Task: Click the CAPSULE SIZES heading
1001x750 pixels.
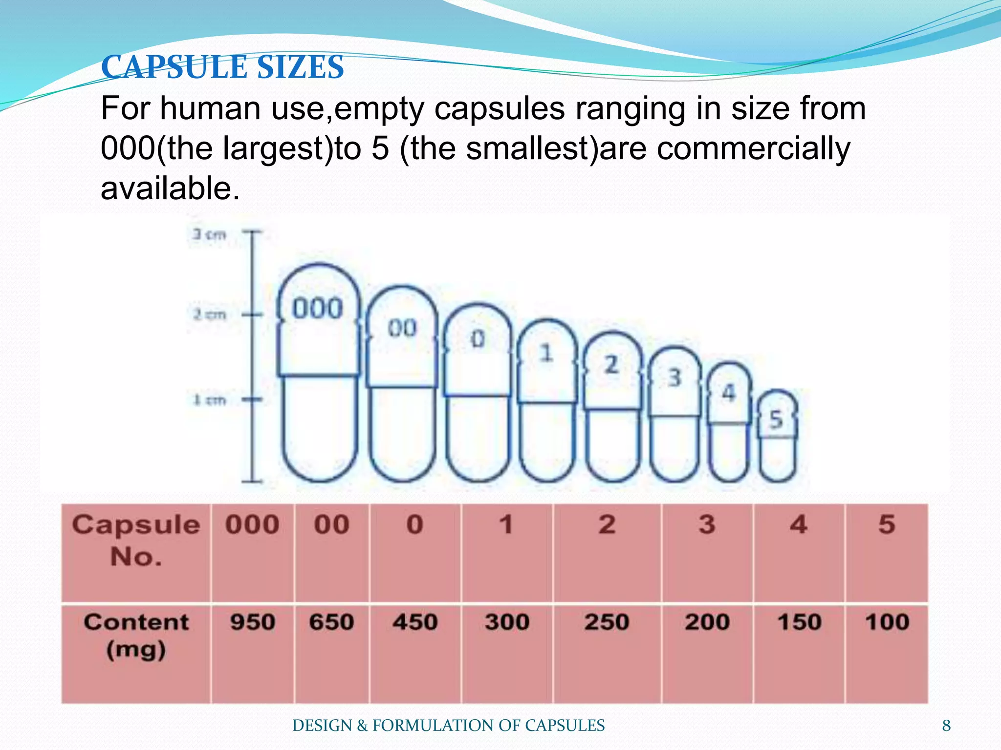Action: [x=222, y=67]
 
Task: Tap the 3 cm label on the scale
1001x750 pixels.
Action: [x=209, y=235]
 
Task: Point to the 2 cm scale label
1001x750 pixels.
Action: [x=210, y=314]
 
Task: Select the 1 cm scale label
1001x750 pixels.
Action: [x=210, y=400]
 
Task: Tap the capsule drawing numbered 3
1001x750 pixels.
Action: [x=675, y=415]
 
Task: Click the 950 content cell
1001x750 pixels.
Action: [x=253, y=623]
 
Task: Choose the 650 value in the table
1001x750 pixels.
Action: [x=331, y=623]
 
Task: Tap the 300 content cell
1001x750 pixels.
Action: [x=507, y=623]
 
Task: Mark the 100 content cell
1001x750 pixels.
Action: [x=887, y=623]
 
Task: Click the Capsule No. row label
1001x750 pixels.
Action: [x=136, y=540]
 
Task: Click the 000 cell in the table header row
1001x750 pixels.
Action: [x=252, y=525]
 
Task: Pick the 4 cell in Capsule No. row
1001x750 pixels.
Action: [x=798, y=525]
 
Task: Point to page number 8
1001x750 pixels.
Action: [x=946, y=726]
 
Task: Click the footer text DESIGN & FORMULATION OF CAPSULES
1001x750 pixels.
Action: [x=448, y=726]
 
